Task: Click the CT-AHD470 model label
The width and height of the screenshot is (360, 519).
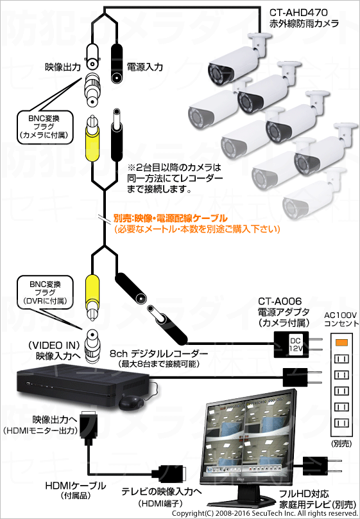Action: pyautogui.click(x=298, y=13)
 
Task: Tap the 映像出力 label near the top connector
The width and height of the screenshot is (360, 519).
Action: pyautogui.click(x=63, y=67)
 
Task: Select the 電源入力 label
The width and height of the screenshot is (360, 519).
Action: pyautogui.click(x=145, y=67)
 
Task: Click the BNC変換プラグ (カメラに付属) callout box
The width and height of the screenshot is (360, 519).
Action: pyautogui.click(x=44, y=127)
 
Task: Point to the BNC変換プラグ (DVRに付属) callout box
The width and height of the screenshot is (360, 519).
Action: pyautogui.click(x=45, y=293)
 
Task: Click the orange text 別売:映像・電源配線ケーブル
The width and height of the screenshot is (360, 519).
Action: pyautogui.click(x=170, y=218)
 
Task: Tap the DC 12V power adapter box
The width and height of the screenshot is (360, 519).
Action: pyautogui.click(x=291, y=344)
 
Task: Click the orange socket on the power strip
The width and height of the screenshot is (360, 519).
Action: pyautogui.click(x=341, y=342)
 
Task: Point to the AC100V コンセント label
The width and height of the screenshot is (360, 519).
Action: pyautogui.click(x=341, y=319)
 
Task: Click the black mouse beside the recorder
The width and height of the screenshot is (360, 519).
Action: pyautogui.click(x=131, y=403)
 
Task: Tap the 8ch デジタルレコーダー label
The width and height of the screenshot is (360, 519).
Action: pyautogui.click(x=159, y=353)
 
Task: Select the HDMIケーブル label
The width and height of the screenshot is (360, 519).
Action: pyautogui.click(x=76, y=486)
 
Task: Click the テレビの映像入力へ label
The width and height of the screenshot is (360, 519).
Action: pyautogui.click(x=162, y=491)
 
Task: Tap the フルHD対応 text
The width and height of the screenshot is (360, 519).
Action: pyautogui.click(x=304, y=494)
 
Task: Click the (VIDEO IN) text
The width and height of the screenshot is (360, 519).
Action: pyautogui.click(x=55, y=346)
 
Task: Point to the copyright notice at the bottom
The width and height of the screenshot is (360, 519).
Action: pyautogui.click(x=265, y=513)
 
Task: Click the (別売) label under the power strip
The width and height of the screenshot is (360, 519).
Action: pyautogui.click(x=341, y=444)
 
